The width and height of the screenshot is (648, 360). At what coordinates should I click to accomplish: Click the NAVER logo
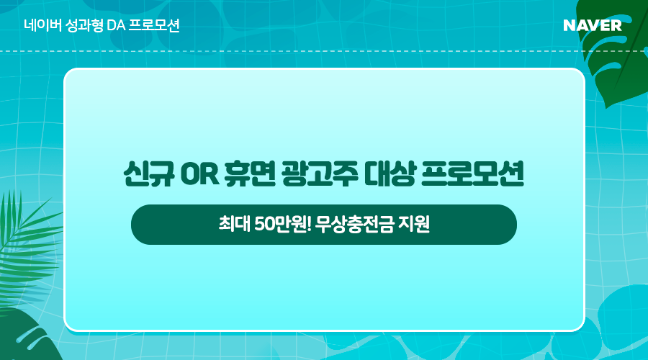[x=593, y=26]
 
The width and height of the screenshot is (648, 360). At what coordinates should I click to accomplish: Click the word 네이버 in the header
[x=43, y=26]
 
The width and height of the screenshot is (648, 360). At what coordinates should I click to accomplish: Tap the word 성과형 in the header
[x=84, y=26]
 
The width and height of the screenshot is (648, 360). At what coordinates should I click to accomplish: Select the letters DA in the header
[x=116, y=26]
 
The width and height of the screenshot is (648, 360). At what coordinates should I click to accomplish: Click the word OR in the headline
[x=199, y=174]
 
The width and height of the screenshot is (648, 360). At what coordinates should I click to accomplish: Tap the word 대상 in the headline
[x=390, y=174]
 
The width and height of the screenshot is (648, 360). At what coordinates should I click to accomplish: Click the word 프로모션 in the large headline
[x=472, y=174]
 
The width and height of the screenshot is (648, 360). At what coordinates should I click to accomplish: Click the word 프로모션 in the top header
[x=154, y=26]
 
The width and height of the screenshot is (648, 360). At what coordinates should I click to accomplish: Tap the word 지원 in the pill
[x=414, y=225]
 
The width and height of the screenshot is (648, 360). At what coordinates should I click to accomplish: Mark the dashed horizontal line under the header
[x=324, y=51]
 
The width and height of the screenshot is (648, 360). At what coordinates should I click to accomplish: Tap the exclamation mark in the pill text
[x=309, y=225]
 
